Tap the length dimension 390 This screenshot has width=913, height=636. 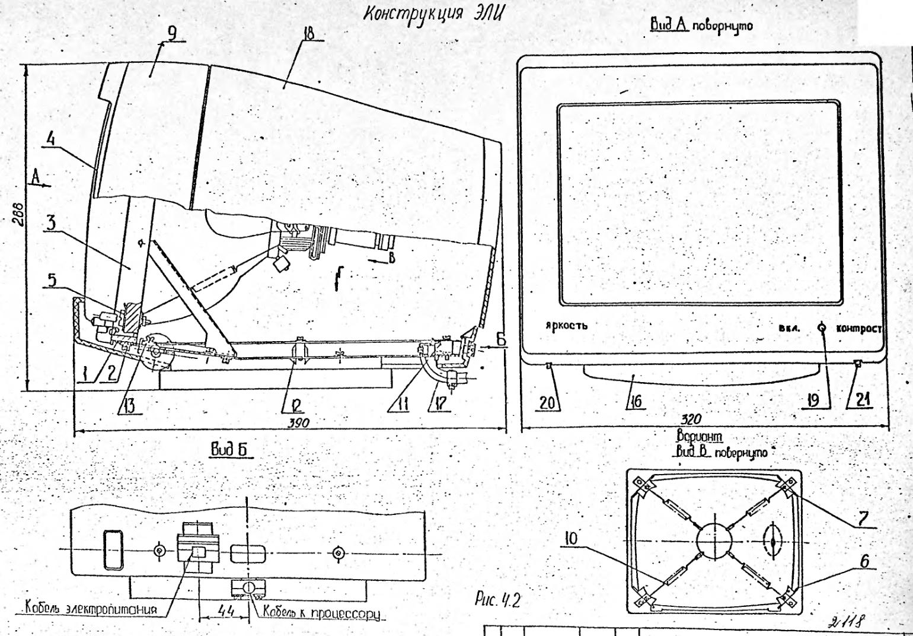(299, 422)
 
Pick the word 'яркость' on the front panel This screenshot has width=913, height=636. (567, 325)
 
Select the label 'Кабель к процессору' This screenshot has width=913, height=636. (321, 611)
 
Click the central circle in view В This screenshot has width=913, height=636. (714, 540)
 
